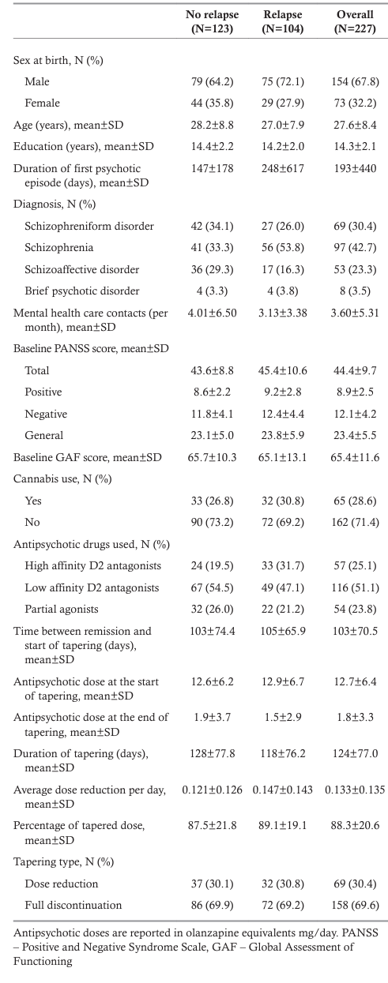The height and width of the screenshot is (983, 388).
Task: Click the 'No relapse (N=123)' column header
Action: point(213,21)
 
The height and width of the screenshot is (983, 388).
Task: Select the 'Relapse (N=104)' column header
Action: point(283,21)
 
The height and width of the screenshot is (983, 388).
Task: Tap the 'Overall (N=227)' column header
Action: point(355,21)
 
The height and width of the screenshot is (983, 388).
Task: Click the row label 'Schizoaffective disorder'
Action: point(81,269)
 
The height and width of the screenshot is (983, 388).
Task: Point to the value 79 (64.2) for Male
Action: point(213,81)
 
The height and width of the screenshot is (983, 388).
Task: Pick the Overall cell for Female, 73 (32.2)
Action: point(355,103)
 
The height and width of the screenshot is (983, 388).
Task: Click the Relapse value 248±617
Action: point(283,168)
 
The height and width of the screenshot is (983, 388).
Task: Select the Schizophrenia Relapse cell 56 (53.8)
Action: point(283,247)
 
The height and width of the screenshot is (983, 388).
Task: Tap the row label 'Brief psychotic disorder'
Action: point(81,291)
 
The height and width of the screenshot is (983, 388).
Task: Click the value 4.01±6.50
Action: point(213,313)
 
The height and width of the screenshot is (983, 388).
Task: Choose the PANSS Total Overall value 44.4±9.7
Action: point(355,370)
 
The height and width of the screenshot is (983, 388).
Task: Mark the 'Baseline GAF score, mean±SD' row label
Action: point(88,457)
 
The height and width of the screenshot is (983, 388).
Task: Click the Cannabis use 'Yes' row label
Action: point(33,501)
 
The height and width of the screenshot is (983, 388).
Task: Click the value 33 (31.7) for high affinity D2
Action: point(283,565)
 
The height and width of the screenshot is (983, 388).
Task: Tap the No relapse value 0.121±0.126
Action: point(213,790)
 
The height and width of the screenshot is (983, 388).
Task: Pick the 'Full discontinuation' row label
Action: point(73,905)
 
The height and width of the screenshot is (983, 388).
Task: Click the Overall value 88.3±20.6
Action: point(355,825)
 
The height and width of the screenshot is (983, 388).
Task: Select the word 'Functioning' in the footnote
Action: point(43,961)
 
